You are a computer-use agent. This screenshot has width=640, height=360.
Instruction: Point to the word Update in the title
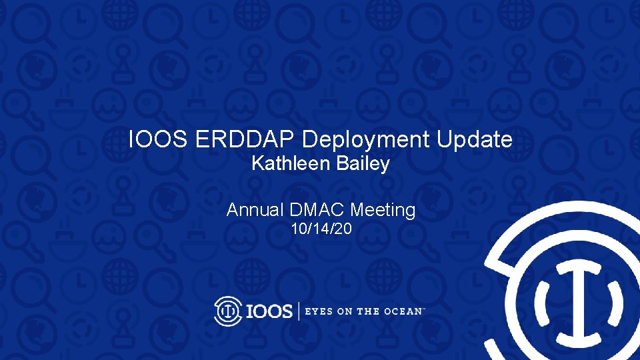point(475,140)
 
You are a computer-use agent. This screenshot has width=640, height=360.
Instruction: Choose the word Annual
point(255,211)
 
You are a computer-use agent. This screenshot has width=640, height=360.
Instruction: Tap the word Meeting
point(383,211)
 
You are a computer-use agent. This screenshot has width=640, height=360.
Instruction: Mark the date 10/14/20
point(321,231)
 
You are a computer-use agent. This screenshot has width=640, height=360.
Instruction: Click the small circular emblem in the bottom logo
point(228,311)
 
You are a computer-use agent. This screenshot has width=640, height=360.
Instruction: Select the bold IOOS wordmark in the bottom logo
point(269,311)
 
